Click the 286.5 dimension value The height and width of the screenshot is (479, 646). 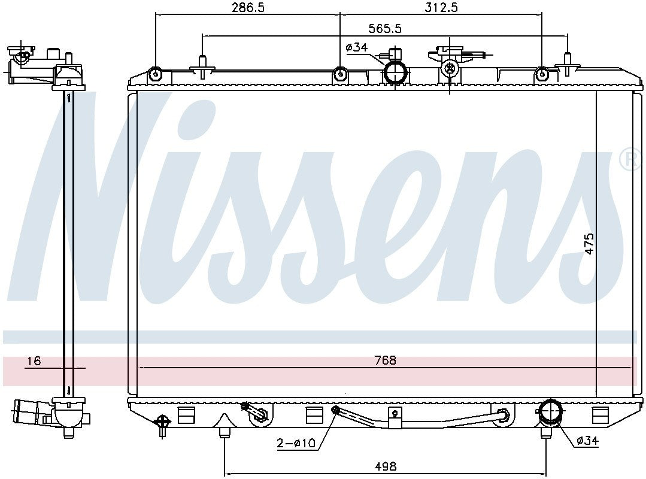[247, 7]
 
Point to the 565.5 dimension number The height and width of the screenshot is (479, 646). [385, 28]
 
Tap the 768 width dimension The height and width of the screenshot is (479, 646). [386, 360]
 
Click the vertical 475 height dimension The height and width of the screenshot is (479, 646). [589, 244]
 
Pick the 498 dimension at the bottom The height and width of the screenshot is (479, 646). [385, 466]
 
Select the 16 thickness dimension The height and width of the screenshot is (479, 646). [34, 360]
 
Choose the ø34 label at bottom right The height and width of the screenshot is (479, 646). [587, 441]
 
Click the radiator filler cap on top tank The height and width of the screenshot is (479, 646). [449, 68]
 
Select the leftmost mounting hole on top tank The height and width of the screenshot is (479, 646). [156, 75]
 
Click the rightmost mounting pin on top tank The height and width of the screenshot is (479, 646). [566, 66]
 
